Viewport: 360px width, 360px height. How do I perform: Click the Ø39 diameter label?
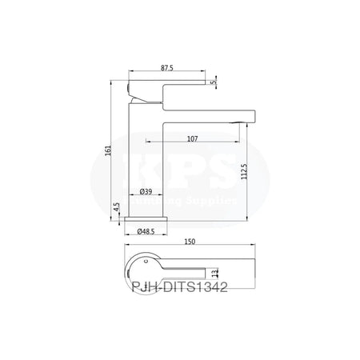[146, 192]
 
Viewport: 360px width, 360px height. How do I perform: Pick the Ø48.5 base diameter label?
[146, 230]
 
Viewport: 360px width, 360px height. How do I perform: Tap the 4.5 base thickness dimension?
[117, 206]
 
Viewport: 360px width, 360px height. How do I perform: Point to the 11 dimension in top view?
[215, 274]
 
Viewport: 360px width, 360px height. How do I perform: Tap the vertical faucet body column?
[146, 152]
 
